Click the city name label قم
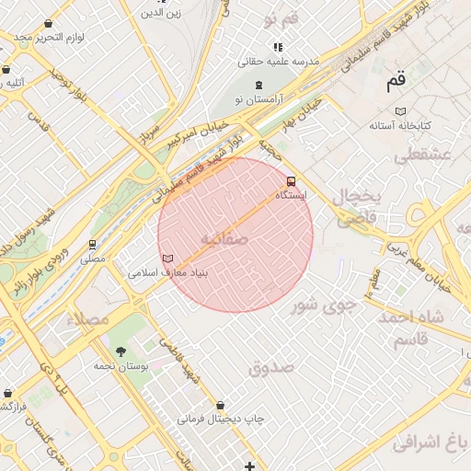point(396,82)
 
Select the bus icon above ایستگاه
point(292,181)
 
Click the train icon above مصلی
point(92,245)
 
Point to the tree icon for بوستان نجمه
point(120,350)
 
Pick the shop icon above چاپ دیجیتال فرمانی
point(220,405)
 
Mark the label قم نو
point(281,19)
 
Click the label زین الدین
point(166,13)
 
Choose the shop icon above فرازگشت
point(6,392)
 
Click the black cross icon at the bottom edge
point(249,466)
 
